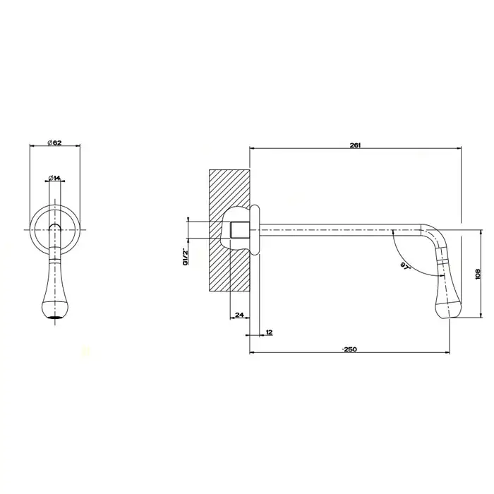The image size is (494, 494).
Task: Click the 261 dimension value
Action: click(x=355, y=145)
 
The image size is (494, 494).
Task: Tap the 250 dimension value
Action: click(x=349, y=349)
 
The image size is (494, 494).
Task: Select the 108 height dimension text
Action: click(x=478, y=274)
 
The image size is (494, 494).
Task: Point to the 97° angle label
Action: click(x=406, y=265)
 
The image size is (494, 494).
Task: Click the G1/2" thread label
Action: click(x=185, y=256)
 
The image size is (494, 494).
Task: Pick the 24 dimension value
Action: click(x=240, y=315)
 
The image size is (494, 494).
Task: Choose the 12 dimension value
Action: click(x=269, y=332)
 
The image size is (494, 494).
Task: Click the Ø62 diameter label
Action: click(x=54, y=143)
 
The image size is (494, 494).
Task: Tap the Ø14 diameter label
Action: click(x=54, y=178)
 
